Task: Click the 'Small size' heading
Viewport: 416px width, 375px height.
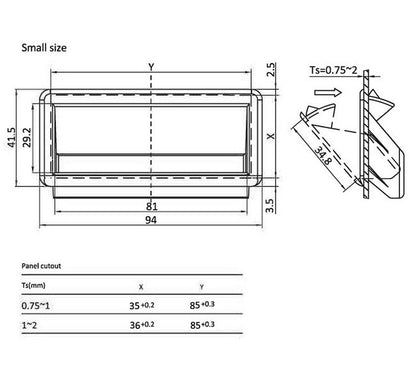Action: (x=44, y=48)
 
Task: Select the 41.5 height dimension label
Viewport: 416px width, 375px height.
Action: (x=12, y=138)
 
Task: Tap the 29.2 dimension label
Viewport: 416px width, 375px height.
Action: (x=27, y=137)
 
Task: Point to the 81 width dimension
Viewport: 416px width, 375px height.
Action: (x=152, y=206)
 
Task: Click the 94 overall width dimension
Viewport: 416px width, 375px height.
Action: (x=151, y=220)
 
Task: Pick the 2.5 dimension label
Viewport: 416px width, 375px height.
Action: (x=271, y=70)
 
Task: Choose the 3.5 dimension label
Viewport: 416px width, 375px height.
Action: (x=270, y=206)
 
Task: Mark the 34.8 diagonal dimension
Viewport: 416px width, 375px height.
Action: (x=323, y=156)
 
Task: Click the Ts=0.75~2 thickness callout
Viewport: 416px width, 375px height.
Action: (x=333, y=70)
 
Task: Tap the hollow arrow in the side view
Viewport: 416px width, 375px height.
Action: (x=328, y=92)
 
